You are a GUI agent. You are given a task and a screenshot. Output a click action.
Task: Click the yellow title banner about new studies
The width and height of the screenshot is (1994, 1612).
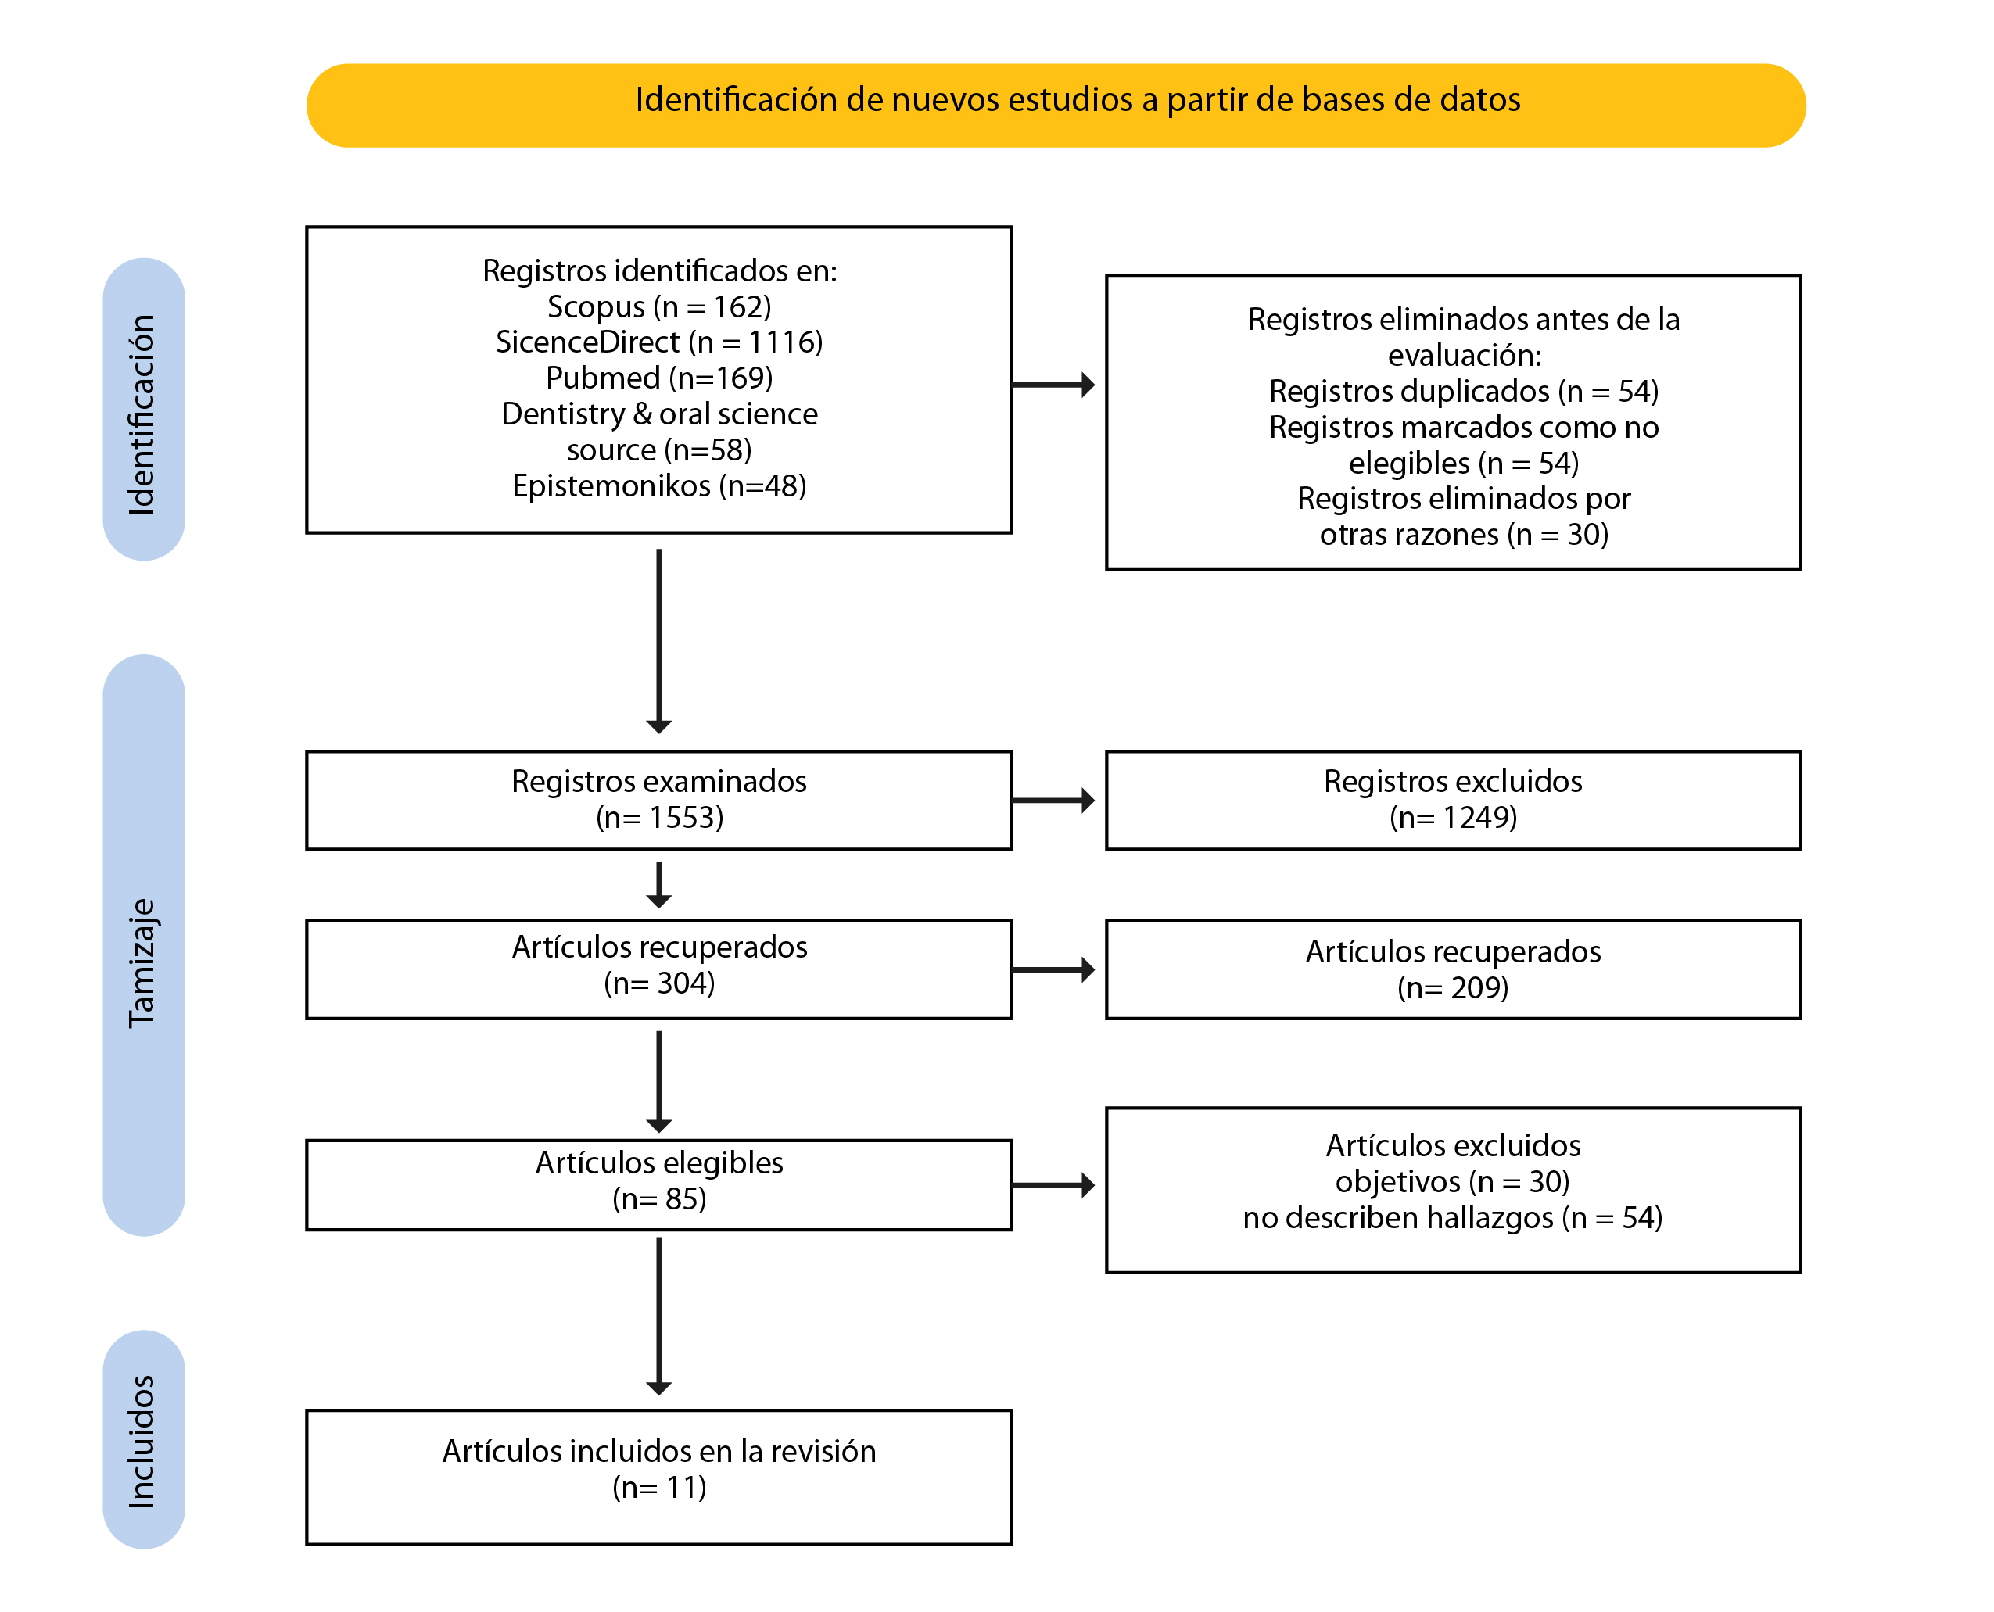1055,105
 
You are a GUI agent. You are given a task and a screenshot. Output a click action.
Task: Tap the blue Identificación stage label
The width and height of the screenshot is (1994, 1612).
144,410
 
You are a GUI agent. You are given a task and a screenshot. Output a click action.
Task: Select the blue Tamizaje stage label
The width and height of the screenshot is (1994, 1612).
144,944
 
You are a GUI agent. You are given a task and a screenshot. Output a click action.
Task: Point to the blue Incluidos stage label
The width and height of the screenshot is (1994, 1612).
144,1439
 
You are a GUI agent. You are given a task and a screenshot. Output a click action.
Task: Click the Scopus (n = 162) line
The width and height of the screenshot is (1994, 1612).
659,306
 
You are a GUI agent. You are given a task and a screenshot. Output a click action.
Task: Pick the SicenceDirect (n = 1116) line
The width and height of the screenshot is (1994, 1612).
659,342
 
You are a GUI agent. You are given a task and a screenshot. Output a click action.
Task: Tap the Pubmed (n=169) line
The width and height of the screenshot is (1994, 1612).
659,378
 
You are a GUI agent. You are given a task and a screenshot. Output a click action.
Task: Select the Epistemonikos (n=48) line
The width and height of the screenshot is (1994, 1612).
659,485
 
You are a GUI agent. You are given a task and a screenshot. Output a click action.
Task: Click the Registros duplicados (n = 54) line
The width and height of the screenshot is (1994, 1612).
1464,391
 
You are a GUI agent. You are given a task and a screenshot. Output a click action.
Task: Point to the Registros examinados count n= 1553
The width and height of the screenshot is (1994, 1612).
659,817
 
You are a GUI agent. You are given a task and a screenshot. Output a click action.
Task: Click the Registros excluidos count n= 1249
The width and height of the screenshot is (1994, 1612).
1454,817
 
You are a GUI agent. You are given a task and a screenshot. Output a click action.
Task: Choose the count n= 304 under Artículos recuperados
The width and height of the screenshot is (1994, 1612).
659,983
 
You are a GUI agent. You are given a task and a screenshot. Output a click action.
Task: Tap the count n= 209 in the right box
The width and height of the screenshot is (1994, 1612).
1454,987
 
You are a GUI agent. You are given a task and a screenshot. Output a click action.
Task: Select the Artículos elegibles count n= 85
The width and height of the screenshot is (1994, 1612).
659,1198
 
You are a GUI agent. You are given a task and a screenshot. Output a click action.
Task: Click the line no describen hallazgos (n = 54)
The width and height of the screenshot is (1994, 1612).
1454,1217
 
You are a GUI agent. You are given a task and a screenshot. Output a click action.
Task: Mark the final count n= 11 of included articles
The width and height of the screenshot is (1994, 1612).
659,1488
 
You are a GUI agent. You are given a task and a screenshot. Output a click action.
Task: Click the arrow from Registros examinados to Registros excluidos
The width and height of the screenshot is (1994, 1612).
1054,801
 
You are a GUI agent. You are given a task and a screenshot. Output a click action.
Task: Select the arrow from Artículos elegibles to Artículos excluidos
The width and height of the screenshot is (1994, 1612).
1054,1185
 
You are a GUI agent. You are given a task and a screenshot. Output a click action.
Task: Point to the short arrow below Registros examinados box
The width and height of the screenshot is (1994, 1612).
658,885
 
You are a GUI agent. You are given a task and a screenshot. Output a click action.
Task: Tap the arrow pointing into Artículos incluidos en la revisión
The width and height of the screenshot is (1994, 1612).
658,1316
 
